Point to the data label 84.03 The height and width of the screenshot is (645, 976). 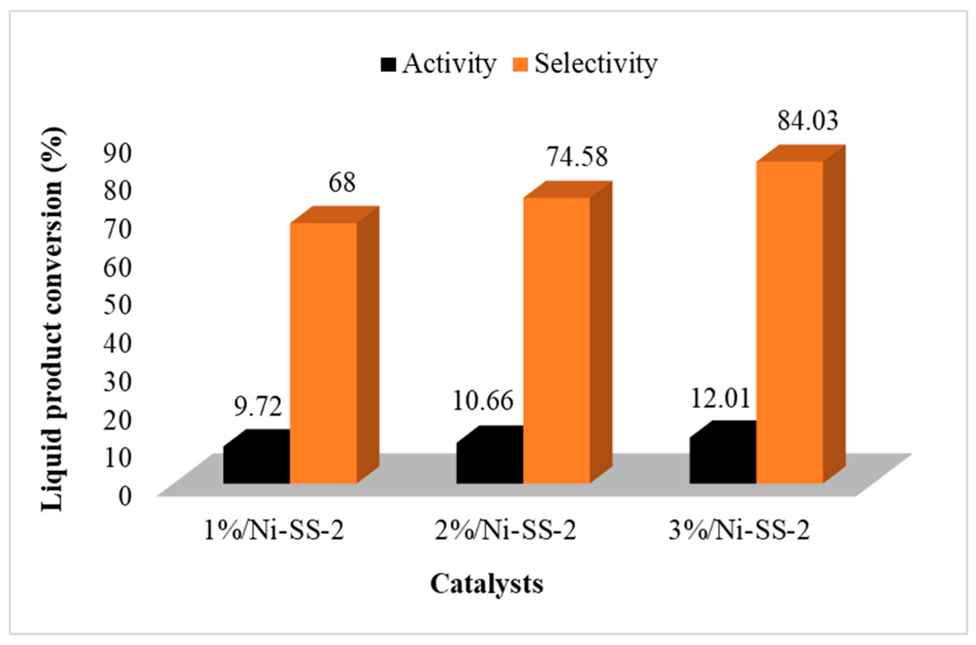(x=808, y=121)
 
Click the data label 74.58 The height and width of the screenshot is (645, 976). (x=577, y=157)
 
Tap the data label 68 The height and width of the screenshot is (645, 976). (x=342, y=183)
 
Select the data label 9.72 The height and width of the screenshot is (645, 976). (x=258, y=407)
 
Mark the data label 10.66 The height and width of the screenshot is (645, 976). (x=483, y=401)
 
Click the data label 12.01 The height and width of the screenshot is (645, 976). (x=720, y=398)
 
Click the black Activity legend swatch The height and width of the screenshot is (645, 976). (x=388, y=65)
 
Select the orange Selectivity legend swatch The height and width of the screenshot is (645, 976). (x=520, y=65)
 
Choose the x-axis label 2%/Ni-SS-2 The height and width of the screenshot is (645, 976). (x=505, y=531)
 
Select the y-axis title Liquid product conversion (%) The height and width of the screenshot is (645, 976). (x=54, y=319)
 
